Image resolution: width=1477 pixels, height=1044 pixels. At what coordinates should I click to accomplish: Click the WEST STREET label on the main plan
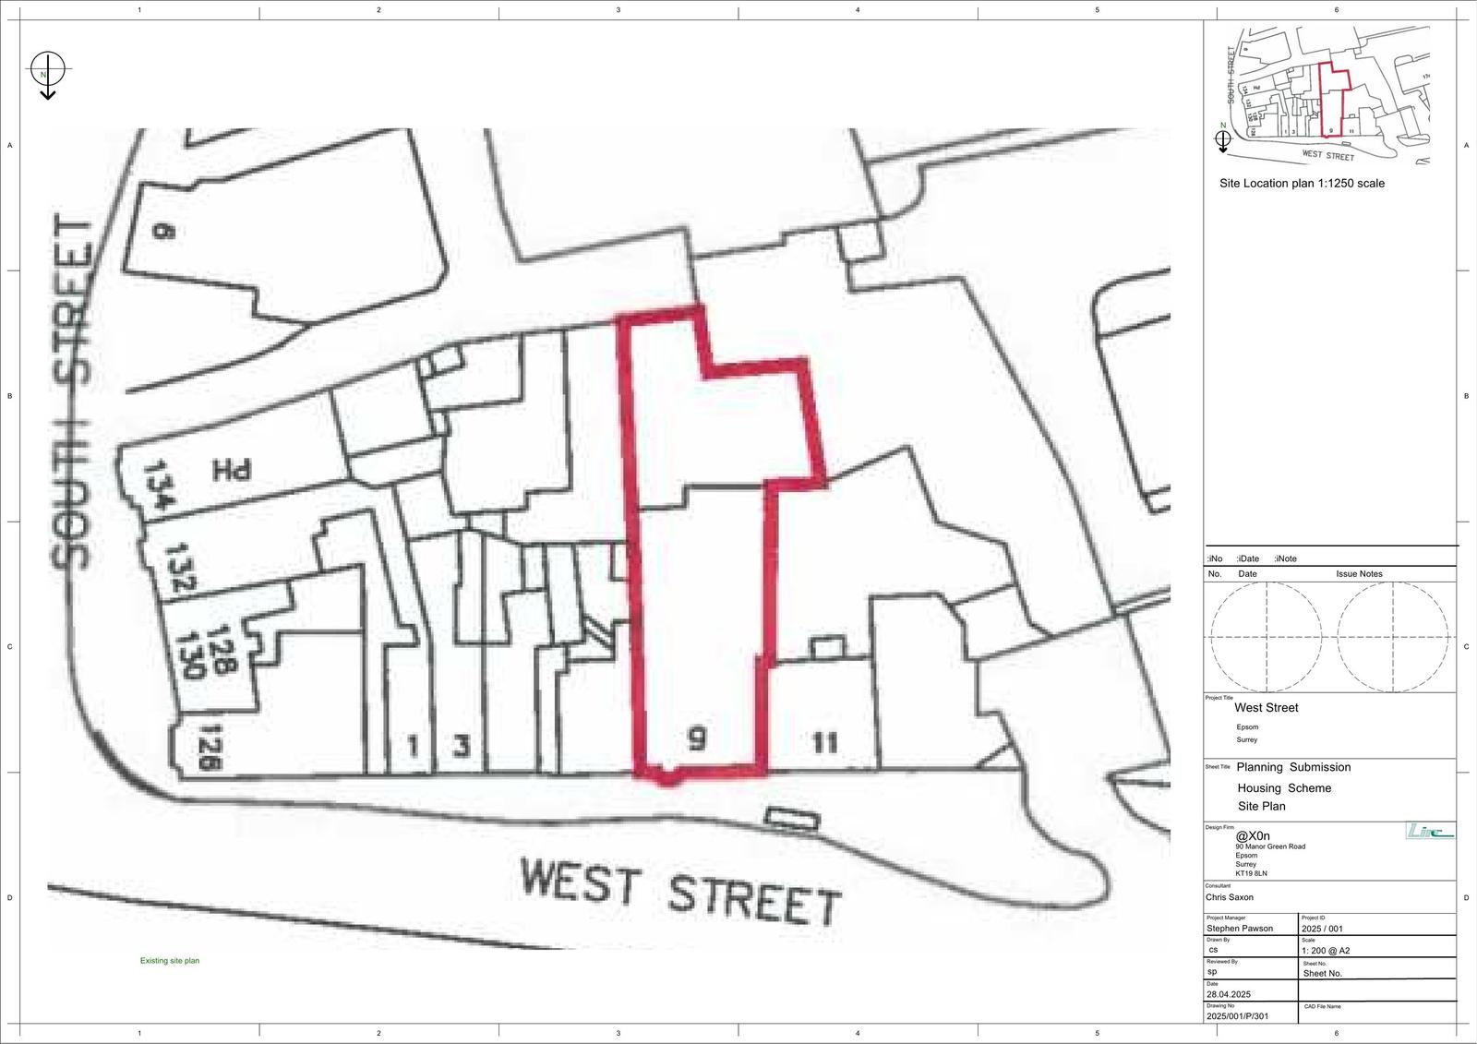[x=680, y=891]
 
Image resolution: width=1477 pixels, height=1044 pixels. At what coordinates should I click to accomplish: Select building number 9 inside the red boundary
[x=698, y=738]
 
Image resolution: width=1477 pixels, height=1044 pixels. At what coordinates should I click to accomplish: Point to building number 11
[x=824, y=742]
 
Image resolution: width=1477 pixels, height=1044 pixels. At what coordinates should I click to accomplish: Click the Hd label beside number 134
[x=232, y=472]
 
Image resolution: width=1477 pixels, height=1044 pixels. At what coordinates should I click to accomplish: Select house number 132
[x=180, y=569]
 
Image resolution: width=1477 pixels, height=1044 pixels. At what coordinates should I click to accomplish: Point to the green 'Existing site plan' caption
[x=170, y=961]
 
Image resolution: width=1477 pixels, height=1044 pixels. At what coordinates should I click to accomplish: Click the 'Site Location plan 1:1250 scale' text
[x=1302, y=184]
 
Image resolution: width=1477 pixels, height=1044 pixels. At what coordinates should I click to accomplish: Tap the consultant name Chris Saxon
[x=1230, y=896]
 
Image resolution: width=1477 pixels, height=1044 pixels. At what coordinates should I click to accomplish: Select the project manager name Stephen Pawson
[x=1240, y=929]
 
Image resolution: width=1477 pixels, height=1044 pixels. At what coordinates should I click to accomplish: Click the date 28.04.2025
[x=1229, y=994]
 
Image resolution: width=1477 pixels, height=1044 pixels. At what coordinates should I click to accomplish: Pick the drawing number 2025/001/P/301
[x=1238, y=1016]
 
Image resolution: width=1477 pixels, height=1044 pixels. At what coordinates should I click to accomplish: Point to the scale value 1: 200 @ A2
[x=1326, y=950]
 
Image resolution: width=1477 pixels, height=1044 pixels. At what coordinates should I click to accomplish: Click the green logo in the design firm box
[x=1429, y=832]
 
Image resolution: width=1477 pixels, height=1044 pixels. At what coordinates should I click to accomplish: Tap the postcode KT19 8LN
[x=1252, y=872]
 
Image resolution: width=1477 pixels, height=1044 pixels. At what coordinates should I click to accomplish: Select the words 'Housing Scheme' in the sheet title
[x=1284, y=788]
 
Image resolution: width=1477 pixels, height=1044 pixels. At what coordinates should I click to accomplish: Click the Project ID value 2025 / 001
[x=1323, y=929]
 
